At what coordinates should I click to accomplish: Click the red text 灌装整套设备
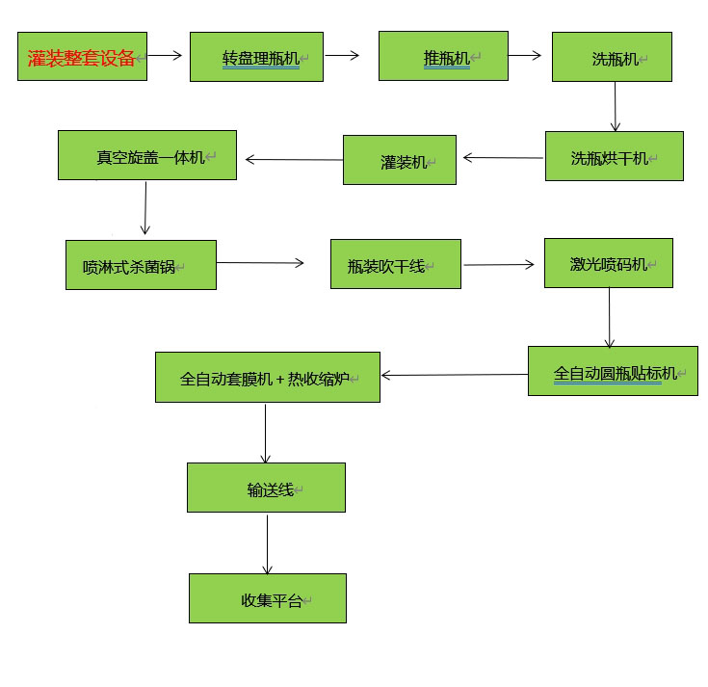[x=82, y=57]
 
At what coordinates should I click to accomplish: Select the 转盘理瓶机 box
[x=256, y=57]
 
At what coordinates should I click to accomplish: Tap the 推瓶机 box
[x=443, y=56]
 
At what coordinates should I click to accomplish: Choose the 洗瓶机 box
[x=612, y=57]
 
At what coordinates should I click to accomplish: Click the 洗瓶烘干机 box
[x=614, y=156]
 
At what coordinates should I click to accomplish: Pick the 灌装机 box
[x=400, y=160]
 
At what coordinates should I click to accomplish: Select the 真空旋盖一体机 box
[x=146, y=155]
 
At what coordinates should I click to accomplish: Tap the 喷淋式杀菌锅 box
[x=141, y=264]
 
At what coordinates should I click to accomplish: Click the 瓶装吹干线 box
[x=395, y=264]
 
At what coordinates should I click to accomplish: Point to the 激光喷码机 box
[x=608, y=263]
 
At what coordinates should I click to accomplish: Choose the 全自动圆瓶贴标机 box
[x=613, y=371]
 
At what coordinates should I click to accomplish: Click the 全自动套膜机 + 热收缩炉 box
[x=268, y=377]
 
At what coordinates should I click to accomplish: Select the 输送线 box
[x=266, y=488]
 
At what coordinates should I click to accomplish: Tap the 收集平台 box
[x=268, y=598]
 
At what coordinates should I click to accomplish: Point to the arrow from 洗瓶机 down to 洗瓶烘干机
[x=615, y=106]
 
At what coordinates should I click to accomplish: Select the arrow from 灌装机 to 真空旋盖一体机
[x=294, y=159]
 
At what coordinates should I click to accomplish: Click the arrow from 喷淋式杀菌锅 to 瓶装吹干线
[x=260, y=262]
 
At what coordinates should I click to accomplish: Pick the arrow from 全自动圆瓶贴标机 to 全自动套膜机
[x=454, y=375]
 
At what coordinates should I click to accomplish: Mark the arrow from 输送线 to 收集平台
[x=268, y=543]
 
